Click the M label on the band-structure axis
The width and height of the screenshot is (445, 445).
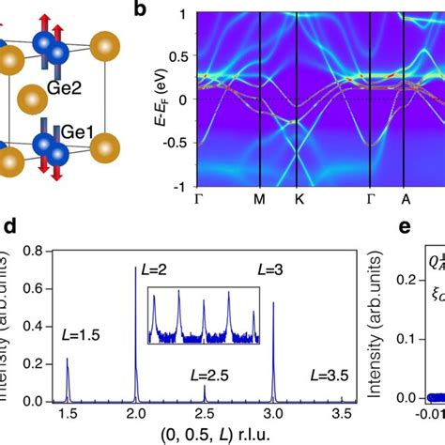tap(260, 200)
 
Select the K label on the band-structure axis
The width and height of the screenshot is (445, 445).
tap(296, 200)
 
